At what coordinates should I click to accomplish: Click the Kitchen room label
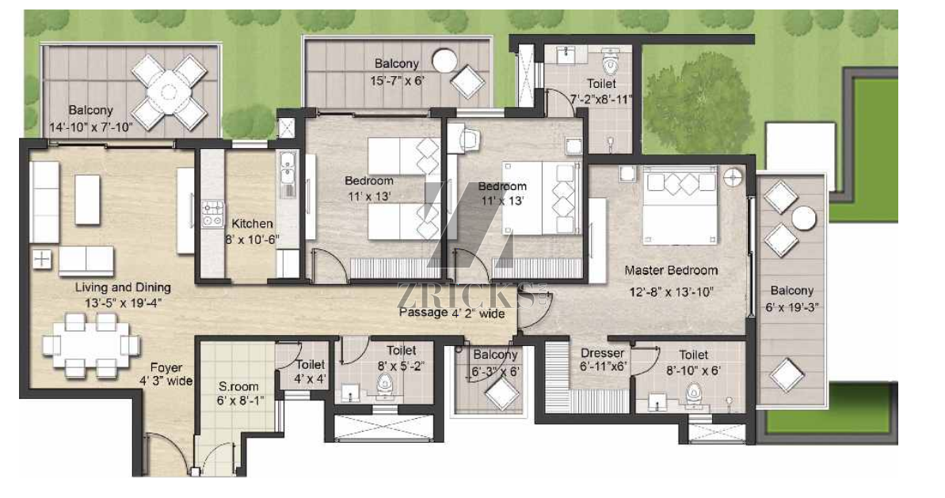coord(253,223)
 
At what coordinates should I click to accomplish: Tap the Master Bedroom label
coord(671,271)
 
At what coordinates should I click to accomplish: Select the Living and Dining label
coord(123,287)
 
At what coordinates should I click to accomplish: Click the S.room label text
coord(238,386)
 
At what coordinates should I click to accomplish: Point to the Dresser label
coord(602,353)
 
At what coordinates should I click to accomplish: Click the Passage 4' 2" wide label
coord(452,313)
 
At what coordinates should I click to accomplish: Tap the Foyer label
coord(166,367)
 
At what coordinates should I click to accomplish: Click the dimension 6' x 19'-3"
coord(792,307)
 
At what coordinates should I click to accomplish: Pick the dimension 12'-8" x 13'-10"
coord(669,293)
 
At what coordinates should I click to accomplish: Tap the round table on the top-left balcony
coord(169,93)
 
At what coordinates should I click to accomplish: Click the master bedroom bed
coord(680,205)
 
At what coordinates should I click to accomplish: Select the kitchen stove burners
coord(211,215)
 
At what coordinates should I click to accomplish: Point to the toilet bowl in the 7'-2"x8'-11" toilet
coord(611,62)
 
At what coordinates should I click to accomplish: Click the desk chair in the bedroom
coord(469,139)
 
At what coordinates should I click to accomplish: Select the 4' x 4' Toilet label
coord(311,371)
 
